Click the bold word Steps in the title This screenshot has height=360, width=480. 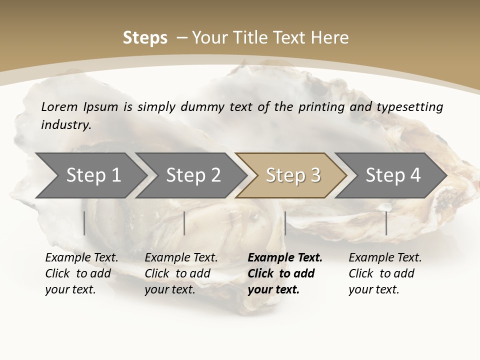(145, 38)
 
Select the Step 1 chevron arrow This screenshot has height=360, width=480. (90, 175)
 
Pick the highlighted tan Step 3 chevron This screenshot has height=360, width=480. (291, 175)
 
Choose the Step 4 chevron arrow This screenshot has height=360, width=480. (391, 175)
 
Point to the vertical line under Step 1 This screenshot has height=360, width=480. (84, 223)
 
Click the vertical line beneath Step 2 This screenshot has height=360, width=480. (184, 223)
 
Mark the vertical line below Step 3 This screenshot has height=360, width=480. (285, 223)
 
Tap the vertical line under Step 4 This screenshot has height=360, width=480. (386, 223)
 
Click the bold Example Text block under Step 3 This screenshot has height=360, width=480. (285, 273)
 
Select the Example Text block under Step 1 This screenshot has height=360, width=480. (81, 273)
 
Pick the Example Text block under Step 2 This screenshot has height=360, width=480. (181, 273)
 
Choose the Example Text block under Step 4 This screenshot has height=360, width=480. (385, 273)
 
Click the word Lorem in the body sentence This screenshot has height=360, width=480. (59, 107)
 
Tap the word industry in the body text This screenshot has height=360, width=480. (65, 125)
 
